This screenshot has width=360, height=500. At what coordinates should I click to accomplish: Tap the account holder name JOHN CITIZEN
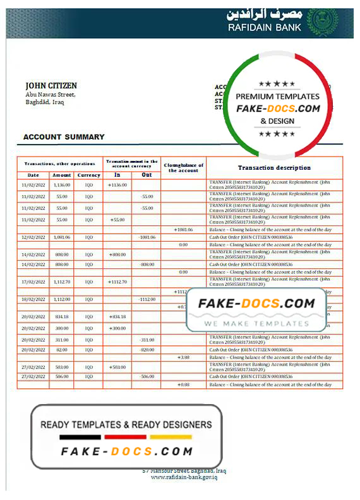click(x=51, y=85)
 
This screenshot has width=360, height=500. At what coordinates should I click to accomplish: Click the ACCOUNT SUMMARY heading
click(x=64, y=136)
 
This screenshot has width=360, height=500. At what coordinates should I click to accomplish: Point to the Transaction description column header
click(x=274, y=168)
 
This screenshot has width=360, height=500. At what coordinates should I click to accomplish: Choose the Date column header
click(x=33, y=175)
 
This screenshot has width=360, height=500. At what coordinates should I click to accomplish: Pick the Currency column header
click(x=88, y=175)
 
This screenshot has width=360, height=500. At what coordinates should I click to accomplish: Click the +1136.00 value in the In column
click(x=117, y=185)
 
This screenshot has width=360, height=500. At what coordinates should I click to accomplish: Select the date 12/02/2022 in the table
click(x=33, y=237)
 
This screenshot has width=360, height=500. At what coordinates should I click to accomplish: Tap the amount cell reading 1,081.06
click(x=62, y=237)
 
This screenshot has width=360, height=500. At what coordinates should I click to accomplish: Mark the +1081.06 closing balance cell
click(x=183, y=230)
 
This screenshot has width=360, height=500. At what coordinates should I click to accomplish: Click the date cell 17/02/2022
click(x=33, y=282)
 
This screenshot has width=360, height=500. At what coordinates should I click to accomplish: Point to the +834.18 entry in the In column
click(x=117, y=316)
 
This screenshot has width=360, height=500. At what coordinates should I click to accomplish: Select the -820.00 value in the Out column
click(x=147, y=349)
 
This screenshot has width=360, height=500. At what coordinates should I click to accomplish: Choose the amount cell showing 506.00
click(x=62, y=376)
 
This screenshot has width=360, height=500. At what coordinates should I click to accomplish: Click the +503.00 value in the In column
click(x=117, y=367)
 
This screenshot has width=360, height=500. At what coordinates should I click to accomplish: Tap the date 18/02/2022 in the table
click(x=33, y=299)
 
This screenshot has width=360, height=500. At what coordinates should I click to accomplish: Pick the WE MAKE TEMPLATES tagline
click(x=255, y=323)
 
